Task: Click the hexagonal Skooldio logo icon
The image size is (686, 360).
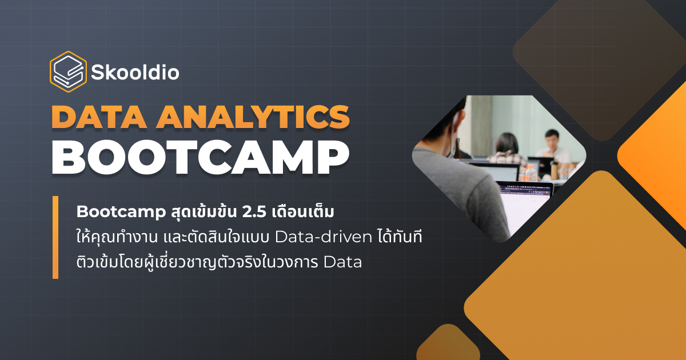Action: pyautogui.click(x=68, y=71)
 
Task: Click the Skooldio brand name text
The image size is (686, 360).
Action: pyautogui.click(x=135, y=73)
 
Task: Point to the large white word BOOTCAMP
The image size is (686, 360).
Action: pyautogui.click(x=200, y=155)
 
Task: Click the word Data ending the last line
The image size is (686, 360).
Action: pyautogui.click(x=342, y=263)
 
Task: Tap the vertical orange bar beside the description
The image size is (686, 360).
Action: pyautogui.click(x=55, y=237)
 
